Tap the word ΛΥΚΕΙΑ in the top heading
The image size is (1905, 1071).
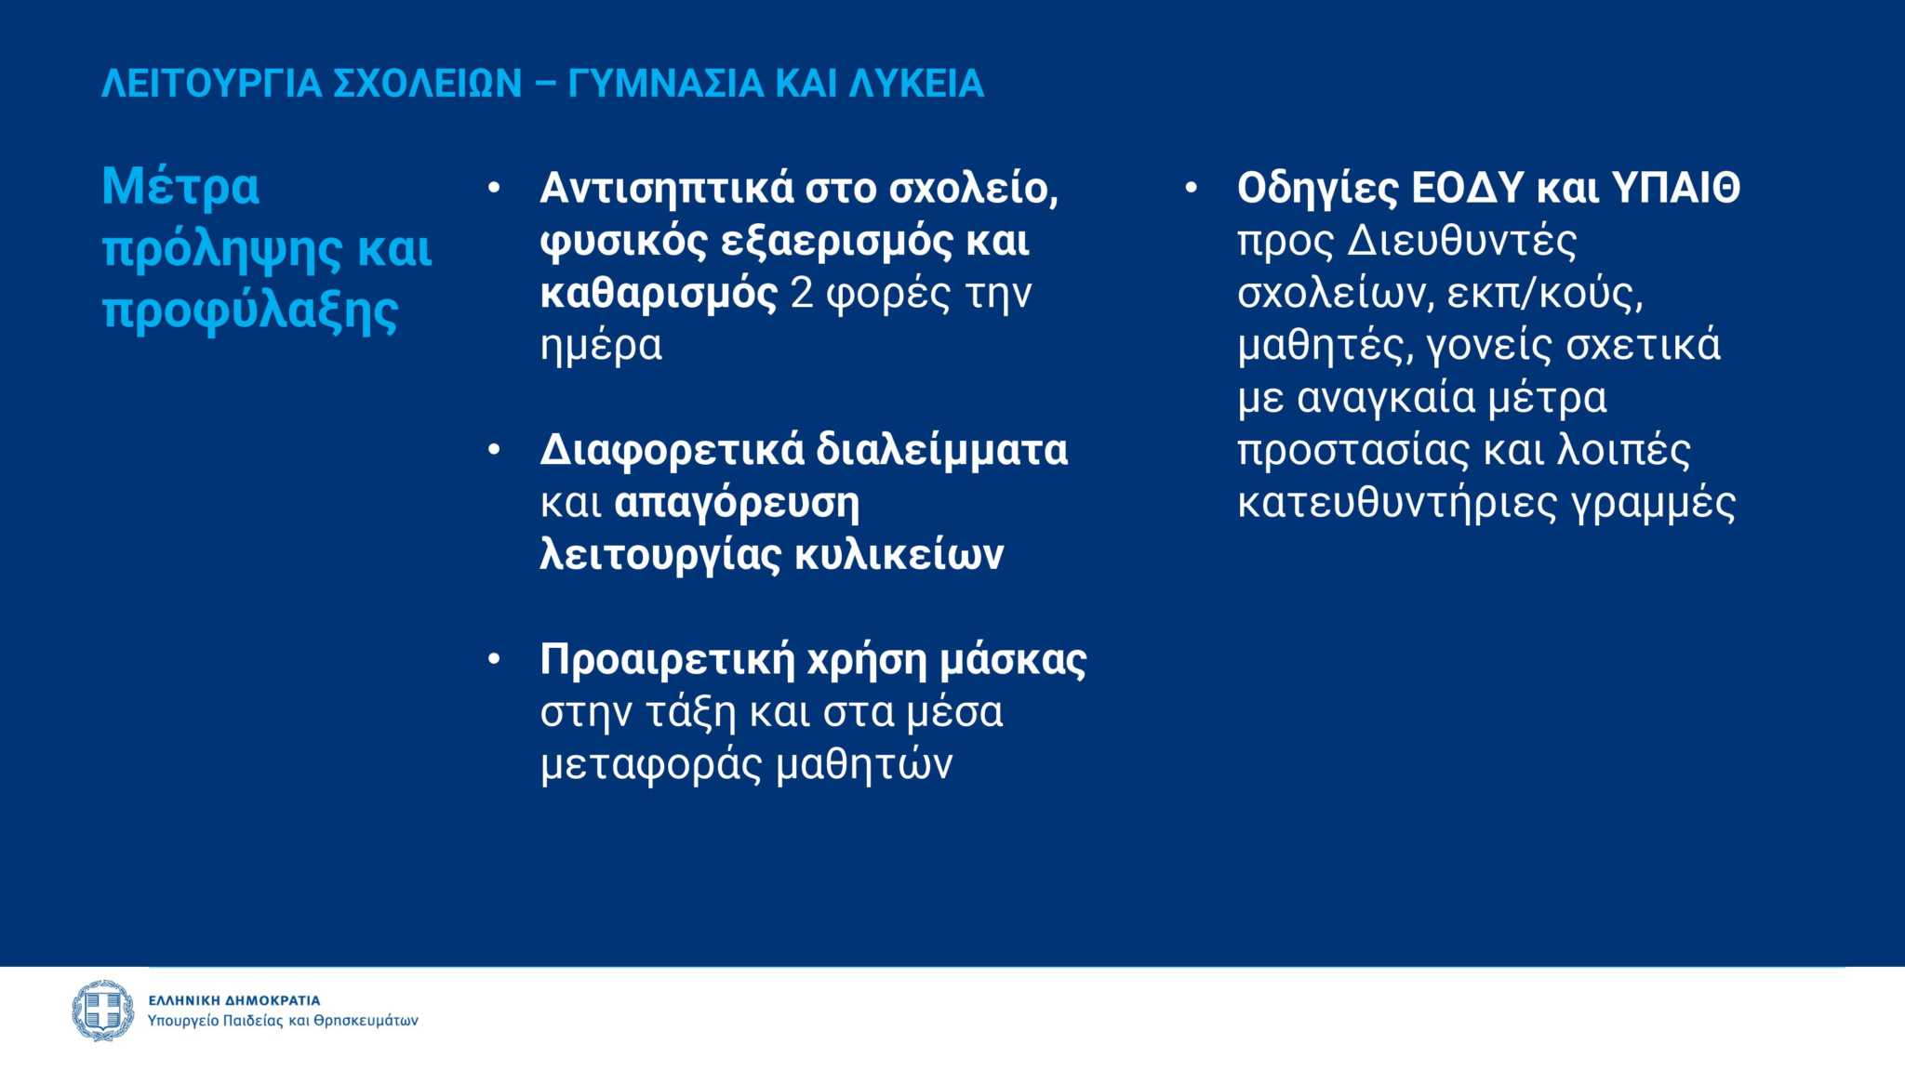pos(916,84)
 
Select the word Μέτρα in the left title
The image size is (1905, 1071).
pos(180,186)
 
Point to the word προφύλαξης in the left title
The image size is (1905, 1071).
pos(250,311)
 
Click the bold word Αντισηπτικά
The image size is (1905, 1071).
pos(666,188)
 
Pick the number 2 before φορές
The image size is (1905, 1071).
pos(801,293)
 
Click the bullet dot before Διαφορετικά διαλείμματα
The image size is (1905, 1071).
pos(495,451)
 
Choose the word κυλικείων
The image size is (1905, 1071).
pos(899,555)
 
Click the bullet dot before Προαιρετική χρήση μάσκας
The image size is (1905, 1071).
pos(495,660)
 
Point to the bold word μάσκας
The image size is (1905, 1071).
pos(1013,661)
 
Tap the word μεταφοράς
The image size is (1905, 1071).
pos(651,766)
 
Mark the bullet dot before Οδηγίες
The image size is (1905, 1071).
pos(1191,189)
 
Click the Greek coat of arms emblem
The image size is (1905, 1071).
pos(103,1011)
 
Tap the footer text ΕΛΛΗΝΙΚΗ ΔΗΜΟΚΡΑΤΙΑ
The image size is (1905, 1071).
pos(234,1000)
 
